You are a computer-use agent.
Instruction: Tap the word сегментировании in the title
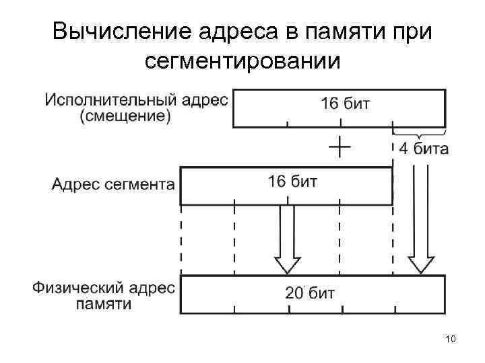pos(243,61)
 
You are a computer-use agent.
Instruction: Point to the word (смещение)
pos(125,116)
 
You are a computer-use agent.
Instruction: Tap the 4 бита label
pos(424,148)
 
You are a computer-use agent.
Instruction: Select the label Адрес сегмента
pos(113,184)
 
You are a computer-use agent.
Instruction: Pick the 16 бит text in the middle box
pos(292,181)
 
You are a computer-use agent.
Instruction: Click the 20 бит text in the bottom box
pos(310,292)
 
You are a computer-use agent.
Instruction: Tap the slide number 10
pos(451,339)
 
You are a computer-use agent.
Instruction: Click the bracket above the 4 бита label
pos(419,131)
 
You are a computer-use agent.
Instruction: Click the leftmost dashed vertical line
pos(181,239)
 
